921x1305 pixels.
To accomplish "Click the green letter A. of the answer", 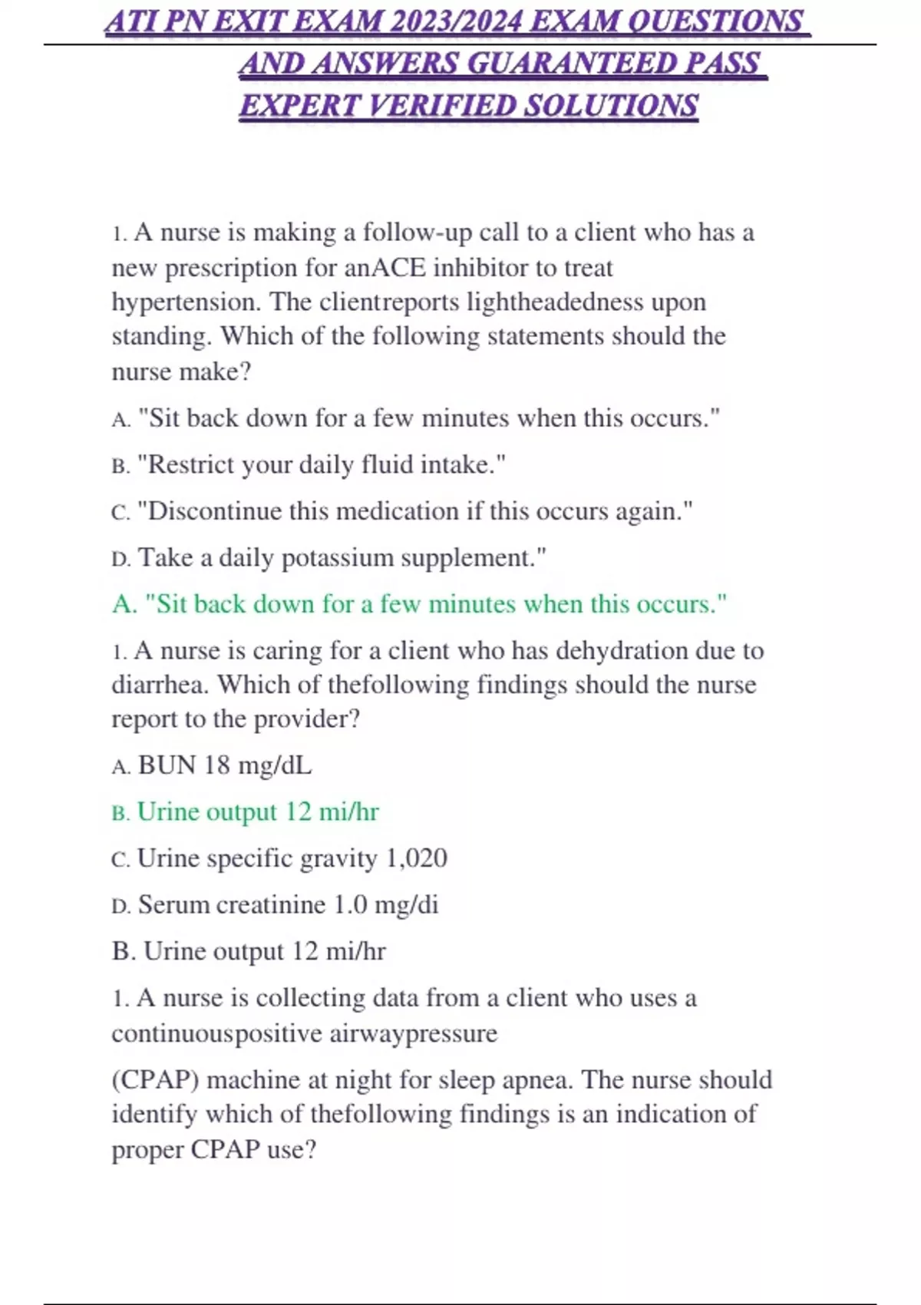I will (x=124, y=604).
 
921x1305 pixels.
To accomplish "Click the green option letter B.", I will (x=120, y=812).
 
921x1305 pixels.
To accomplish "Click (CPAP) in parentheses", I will (x=156, y=1080).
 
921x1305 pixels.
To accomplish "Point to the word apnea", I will (x=536, y=1080).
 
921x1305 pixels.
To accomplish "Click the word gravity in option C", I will (x=338, y=858).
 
